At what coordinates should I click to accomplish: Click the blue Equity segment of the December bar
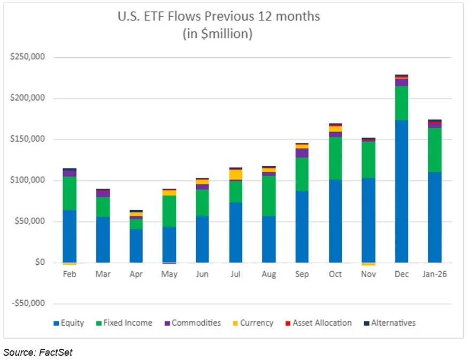(401, 192)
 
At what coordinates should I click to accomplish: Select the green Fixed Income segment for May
(169, 211)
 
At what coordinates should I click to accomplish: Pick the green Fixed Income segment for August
(269, 196)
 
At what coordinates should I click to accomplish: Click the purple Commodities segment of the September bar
(302, 153)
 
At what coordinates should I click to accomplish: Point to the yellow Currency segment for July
(236, 174)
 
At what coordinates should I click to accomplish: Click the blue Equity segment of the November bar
(368, 220)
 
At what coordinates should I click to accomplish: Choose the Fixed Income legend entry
(126, 323)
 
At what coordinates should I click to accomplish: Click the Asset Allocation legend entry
(321, 323)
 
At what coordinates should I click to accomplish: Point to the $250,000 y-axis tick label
(27, 57)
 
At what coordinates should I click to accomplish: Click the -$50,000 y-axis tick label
(27, 303)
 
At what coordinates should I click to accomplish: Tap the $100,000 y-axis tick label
(27, 180)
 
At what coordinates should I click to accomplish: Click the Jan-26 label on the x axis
(434, 274)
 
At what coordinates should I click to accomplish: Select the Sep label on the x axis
(302, 274)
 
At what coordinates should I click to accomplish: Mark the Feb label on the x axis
(70, 274)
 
